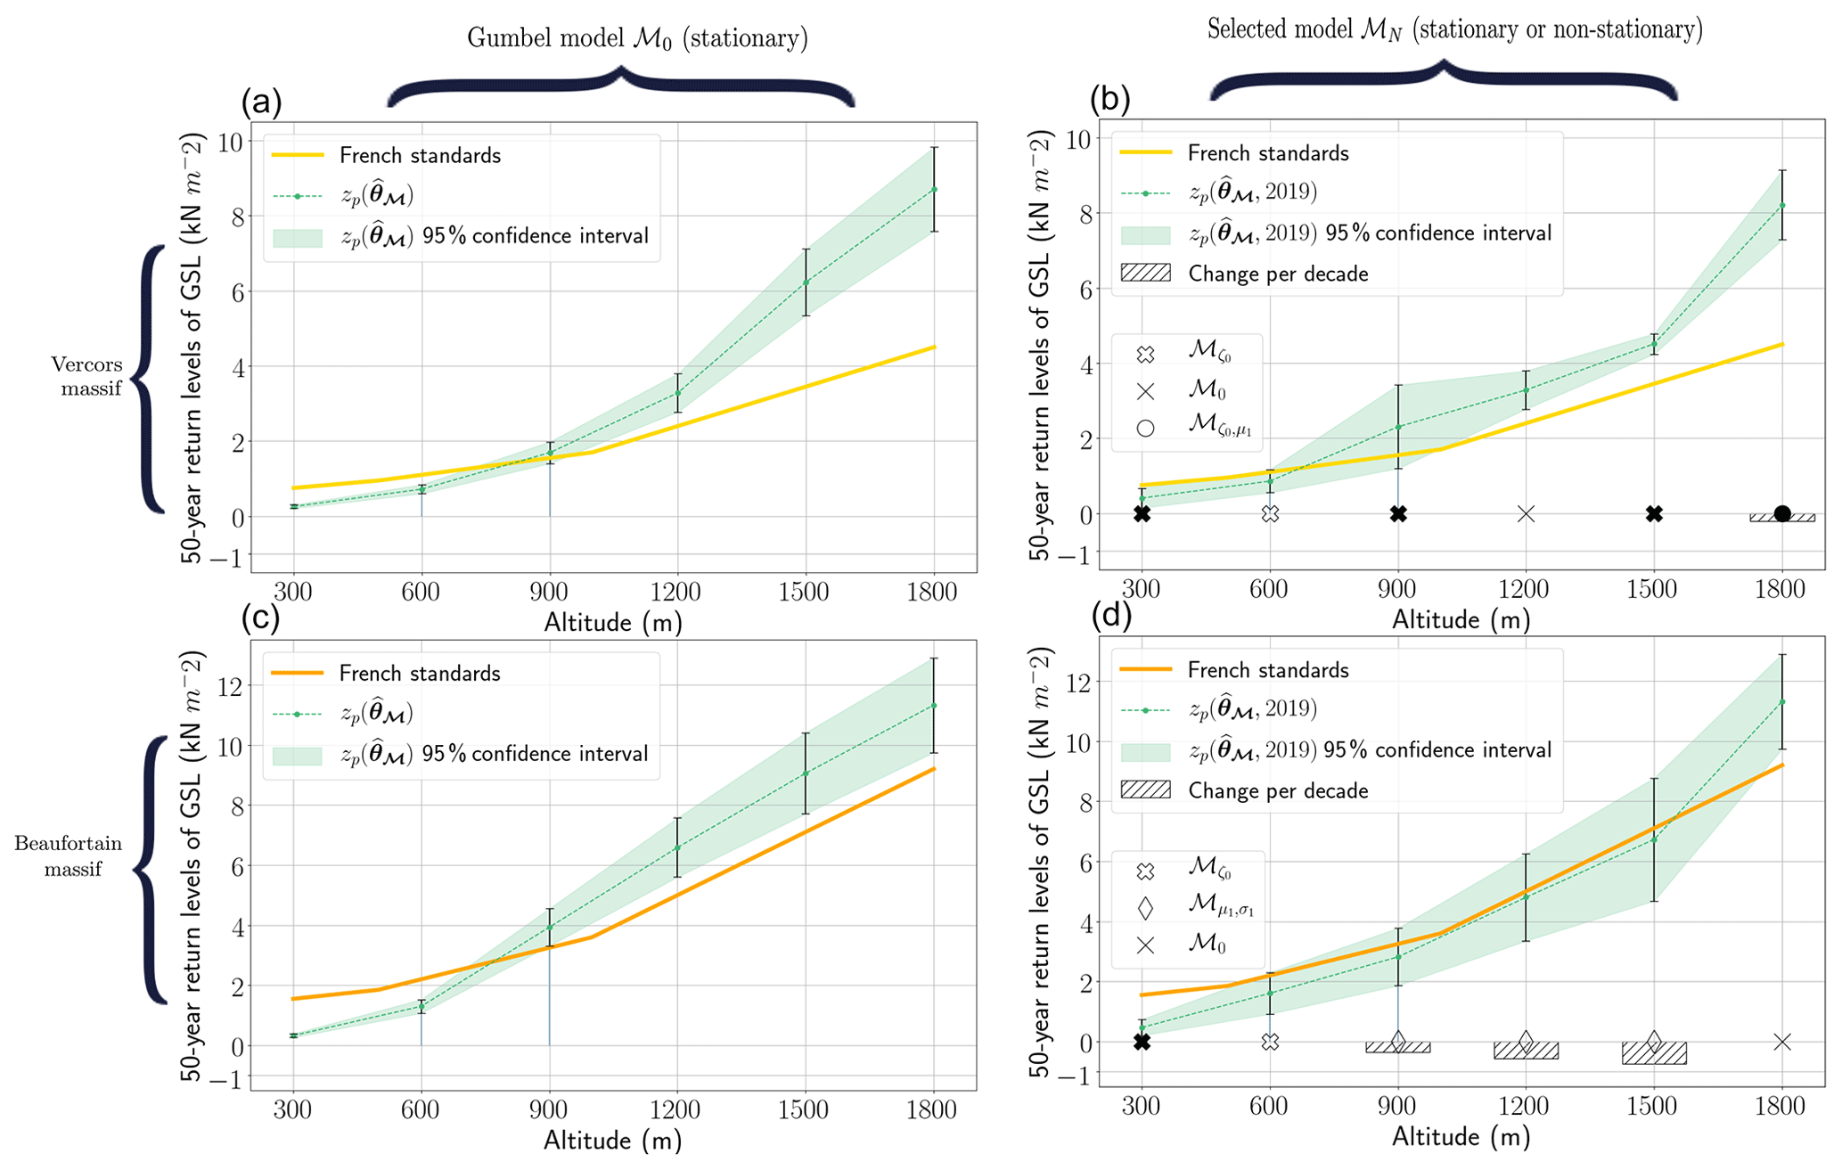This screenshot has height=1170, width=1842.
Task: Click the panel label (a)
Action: [261, 102]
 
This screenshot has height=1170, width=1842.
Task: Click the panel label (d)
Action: [1109, 616]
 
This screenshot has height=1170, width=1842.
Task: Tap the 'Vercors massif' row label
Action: [86, 376]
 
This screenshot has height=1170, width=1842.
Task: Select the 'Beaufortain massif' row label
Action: [69, 855]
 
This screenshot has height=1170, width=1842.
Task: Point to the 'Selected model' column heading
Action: [1454, 30]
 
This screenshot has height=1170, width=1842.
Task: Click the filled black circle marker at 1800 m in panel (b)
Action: [1781, 513]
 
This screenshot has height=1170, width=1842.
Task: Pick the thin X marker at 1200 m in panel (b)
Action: [1526, 514]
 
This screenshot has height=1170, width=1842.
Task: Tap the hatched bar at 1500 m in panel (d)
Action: [1654, 1052]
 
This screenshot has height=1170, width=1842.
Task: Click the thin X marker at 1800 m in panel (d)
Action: [1781, 1042]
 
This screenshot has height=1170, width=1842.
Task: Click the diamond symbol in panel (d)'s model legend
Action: [1146, 908]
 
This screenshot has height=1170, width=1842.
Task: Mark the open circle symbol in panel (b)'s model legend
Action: [1146, 428]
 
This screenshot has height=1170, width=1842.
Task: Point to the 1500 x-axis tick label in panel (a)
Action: [805, 592]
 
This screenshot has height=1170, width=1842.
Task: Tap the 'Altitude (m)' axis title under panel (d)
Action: [1461, 1137]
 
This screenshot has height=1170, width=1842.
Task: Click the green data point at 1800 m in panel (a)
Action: [934, 190]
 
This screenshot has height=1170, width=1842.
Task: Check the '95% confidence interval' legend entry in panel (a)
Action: [495, 236]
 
